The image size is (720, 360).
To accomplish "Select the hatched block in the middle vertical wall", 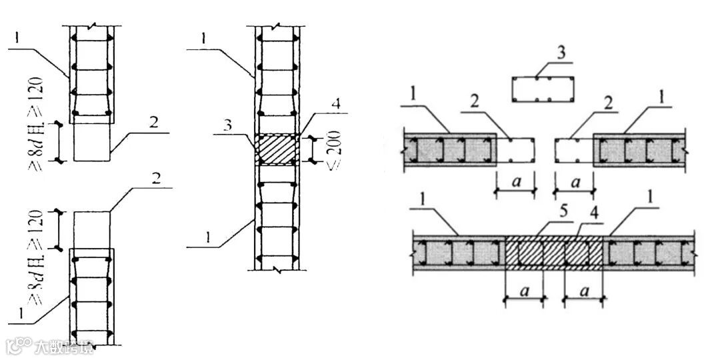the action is (276, 149).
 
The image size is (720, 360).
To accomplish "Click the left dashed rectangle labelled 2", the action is (516, 151).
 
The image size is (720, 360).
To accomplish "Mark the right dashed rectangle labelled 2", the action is (573, 151).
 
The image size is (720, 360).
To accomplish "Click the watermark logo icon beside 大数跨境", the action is (21, 347).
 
